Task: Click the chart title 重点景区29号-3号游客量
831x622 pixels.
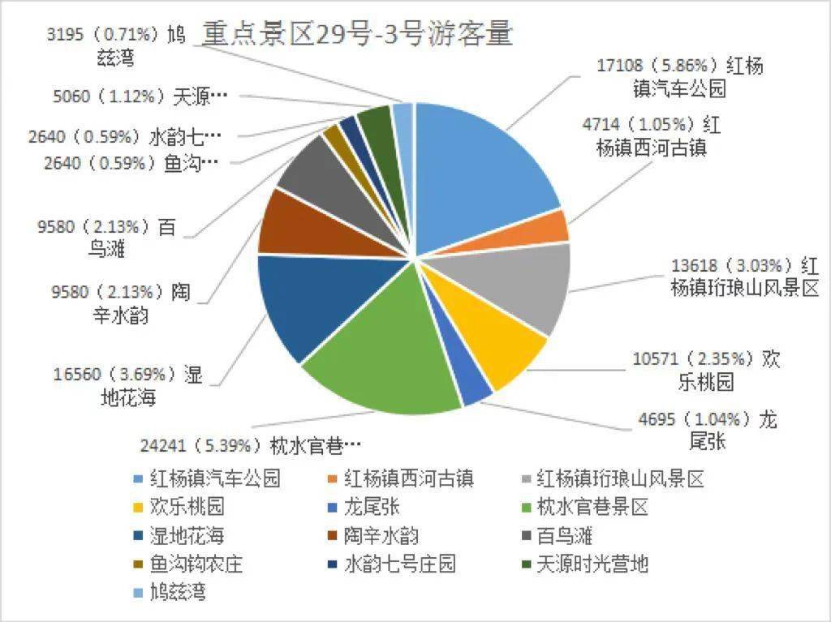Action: click(357, 33)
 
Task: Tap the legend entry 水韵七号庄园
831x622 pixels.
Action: click(390, 564)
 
